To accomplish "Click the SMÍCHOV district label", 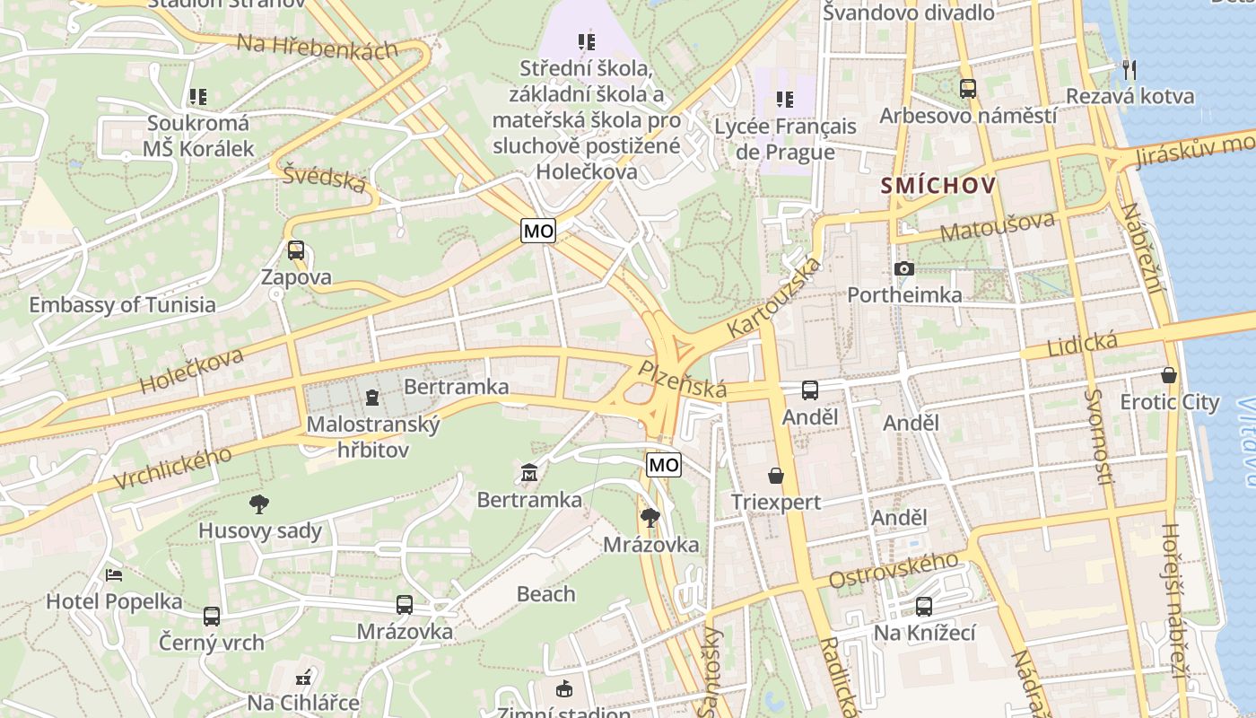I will click(938, 186).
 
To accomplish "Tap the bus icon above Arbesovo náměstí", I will click(967, 89).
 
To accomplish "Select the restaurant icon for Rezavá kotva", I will click(1130, 68).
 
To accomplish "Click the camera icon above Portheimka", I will click(904, 268).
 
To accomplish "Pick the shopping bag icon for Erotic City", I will click(1168, 374).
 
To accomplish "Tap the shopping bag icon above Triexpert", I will click(775, 475).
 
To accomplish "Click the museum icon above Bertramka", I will click(528, 472).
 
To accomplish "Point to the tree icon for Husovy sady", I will click(259, 503).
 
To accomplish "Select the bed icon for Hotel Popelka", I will click(113, 574).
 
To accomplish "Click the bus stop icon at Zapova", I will click(296, 250).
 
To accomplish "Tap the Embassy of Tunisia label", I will click(122, 304).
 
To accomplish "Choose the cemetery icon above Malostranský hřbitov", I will click(372, 397).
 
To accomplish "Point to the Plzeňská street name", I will click(682, 380).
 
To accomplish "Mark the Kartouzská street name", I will click(774, 300).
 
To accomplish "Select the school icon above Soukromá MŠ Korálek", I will click(198, 96).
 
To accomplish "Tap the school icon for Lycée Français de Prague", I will click(785, 100).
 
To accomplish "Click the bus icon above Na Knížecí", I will click(924, 607).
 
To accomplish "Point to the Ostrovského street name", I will click(894, 571).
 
